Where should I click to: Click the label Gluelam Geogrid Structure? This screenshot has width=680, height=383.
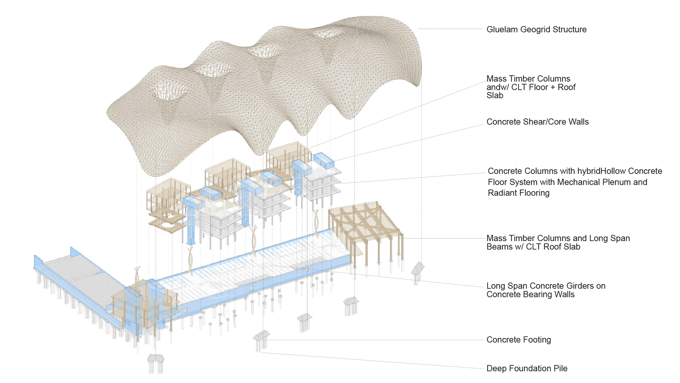click(x=536, y=30)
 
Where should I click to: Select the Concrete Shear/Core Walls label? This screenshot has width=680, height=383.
click(x=537, y=122)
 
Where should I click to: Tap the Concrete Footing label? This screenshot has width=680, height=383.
click(x=518, y=340)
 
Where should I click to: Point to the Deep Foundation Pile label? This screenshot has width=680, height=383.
click(x=527, y=368)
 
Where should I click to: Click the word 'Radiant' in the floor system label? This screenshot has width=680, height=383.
click(x=502, y=193)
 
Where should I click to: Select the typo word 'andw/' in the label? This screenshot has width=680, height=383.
click(x=497, y=87)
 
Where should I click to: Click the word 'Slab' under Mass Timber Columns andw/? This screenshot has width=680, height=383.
click(x=495, y=96)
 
